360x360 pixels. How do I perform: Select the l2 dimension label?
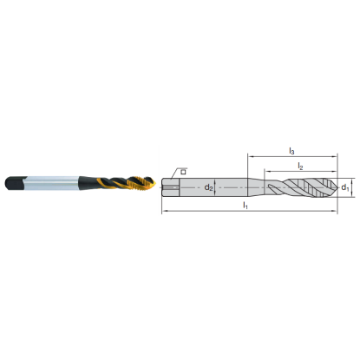(x=299, y=165)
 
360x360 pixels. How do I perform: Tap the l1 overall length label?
(x=246, y=206)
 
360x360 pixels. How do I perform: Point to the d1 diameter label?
(x=344, y=187)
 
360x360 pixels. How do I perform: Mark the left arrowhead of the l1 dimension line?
(x=164, y=211)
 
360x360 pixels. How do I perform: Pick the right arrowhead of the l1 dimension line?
(x=333, y=211)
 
